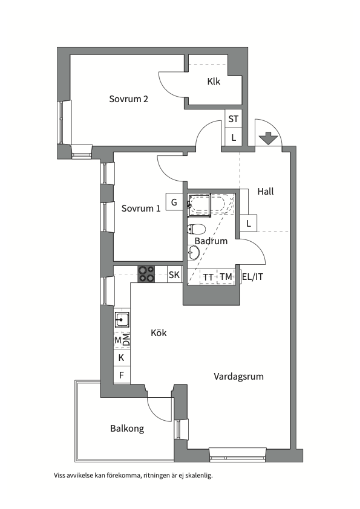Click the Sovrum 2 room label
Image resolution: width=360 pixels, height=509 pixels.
tap(129, 99)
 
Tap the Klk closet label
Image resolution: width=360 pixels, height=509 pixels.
tap(214, 81)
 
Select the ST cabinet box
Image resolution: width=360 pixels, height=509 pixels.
tap(234, 119)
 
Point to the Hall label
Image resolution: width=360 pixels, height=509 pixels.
tap(266, 191)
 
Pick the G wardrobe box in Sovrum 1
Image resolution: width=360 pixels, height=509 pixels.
tap(174, 202)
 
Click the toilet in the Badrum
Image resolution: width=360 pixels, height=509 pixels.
tap(196, 229)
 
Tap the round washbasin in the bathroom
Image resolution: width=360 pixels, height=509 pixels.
tap(194, 252)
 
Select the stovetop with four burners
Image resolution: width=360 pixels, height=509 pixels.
tap(146, 274)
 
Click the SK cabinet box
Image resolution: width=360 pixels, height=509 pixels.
tap(174, 274)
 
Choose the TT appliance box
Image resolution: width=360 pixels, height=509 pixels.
tap(208, 277)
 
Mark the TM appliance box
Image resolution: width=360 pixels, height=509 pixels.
tap(226, 277)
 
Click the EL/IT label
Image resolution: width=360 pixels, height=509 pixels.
tap(252, 277)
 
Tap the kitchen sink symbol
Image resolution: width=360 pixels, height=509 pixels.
tap(122, 320)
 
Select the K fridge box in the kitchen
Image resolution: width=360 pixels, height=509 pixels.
tap(122, 358)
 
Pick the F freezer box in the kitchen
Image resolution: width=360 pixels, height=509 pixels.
tap(122, 375)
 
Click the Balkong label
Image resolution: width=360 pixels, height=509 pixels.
tap(127, 429)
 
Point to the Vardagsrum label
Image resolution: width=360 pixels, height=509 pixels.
tap(238, 377)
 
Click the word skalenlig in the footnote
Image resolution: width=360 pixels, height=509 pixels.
tap(199, 476)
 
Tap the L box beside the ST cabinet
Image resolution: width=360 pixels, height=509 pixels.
tap(234, 138)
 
